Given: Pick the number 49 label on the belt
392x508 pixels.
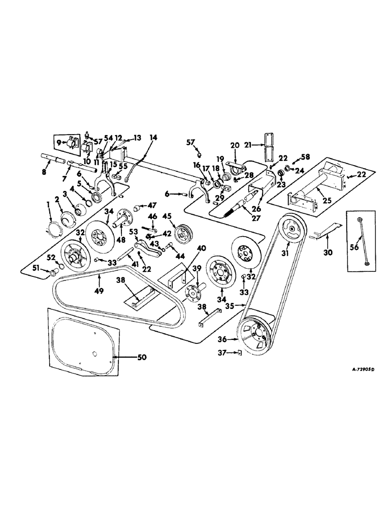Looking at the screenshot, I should pos(99,292).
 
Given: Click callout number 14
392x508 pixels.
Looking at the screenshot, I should pos(152,137).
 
